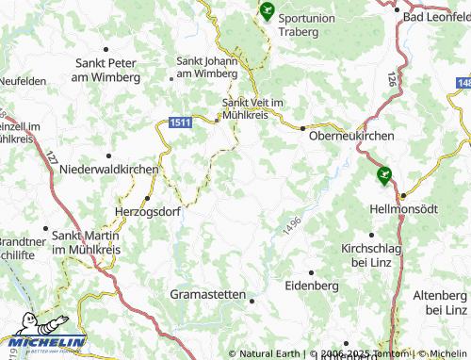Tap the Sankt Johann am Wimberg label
click(x=207, y=67)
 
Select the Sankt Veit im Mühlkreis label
click(x=252, y=108)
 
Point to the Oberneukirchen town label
click(x=351, y=136)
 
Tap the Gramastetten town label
click(x=208, y=294)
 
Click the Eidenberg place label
click(x=312, y=285)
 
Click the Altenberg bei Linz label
click(x=440, y=303)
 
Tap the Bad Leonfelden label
click(x=435, y=17)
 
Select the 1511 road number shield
click(x=181, y=122)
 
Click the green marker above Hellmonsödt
click(x=383, y=174)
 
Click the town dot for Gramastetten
click(x=252, y=300)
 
